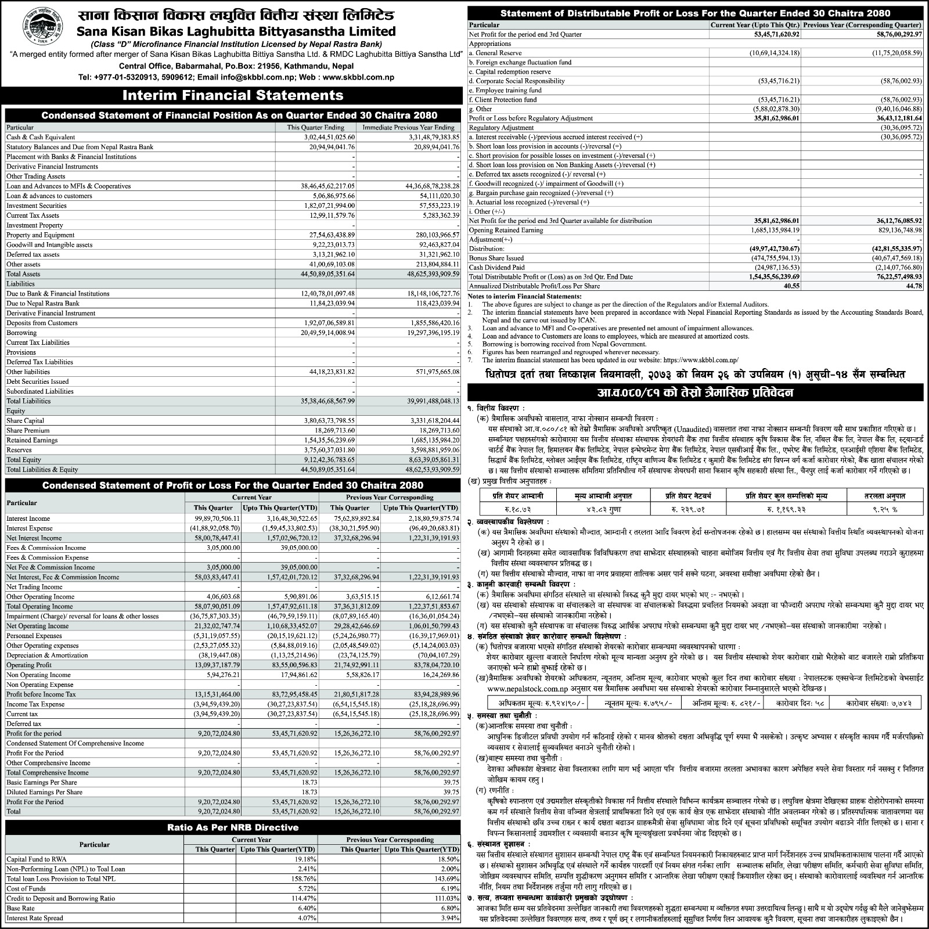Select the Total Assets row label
23,274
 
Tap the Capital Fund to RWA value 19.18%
304,859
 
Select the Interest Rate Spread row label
34,918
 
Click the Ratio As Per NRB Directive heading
232,827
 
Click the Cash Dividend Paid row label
496,268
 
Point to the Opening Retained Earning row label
506,230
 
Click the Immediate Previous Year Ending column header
408,127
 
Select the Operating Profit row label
28,665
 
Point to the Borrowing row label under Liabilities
21,333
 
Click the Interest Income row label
28,518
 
